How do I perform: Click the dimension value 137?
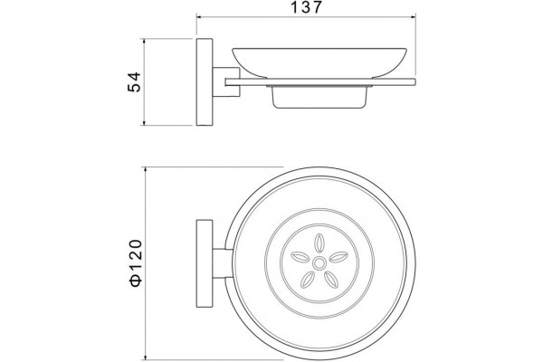click(307, 7)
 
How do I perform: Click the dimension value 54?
click(135, 81)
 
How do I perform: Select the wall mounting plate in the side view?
click(205, 81)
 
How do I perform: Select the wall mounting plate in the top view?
click(205, 263)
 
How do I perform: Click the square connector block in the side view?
click(226, 81)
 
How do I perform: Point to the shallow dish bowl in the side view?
click(319, 62)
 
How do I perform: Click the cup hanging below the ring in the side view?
click(319, 97)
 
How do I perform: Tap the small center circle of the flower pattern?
click(319, 263)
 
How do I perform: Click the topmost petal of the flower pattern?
click(319, 243)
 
